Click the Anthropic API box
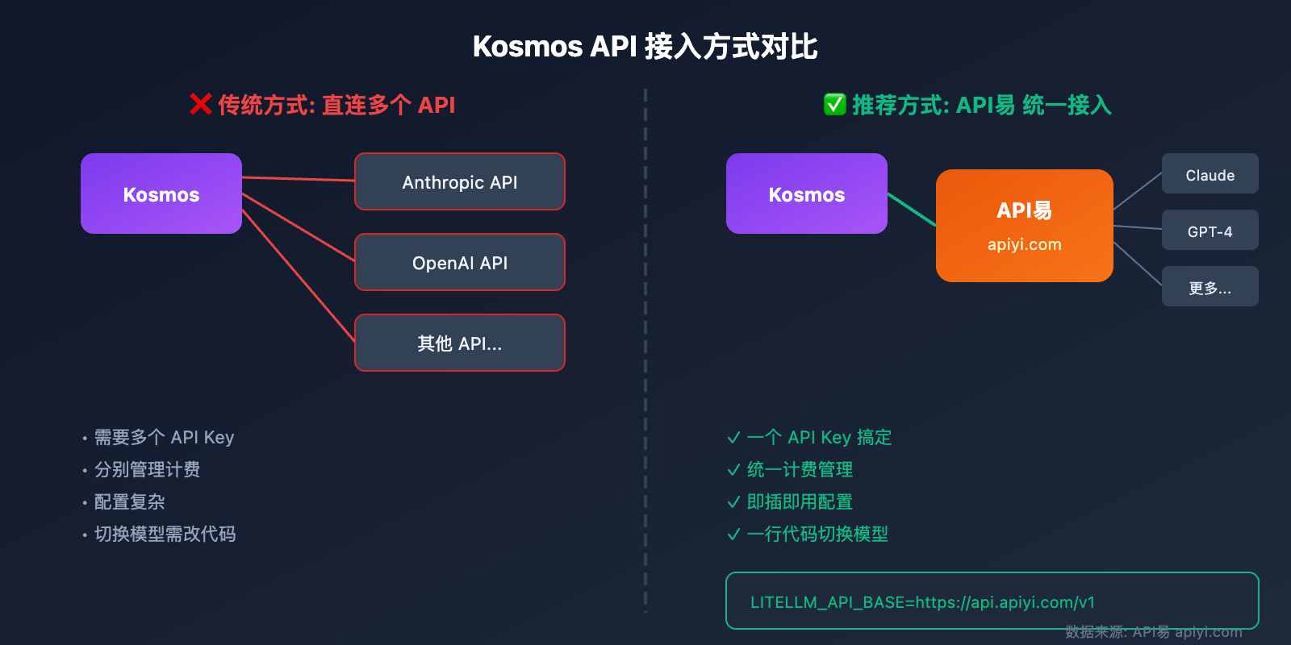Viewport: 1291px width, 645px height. pos(460,182)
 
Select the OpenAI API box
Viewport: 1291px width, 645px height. pos(460,263)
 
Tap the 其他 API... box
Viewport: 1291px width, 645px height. pos(460,343)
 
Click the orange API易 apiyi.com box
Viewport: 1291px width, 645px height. pos(1025,226)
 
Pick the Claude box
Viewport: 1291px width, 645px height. pos(1210,174)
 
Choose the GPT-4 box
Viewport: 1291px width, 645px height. pos(1210,231)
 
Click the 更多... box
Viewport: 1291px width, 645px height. pos(1210,287)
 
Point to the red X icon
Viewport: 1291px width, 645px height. pos(200,104)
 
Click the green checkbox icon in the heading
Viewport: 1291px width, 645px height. pos(834,104)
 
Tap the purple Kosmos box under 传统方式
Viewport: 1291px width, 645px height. pos(161,193)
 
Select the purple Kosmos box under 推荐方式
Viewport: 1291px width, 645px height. pos(807,193)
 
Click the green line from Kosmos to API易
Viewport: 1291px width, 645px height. pos(912,210)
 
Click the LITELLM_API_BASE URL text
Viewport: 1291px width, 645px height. pos(922,602)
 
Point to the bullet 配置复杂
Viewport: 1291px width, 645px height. pos(129,502)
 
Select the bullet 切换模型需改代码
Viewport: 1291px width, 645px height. pos(165,535)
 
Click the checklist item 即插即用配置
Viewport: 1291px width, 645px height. pos(799,502)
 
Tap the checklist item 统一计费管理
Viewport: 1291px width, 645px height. pos(799,470)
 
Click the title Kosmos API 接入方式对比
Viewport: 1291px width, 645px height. pos(645,47)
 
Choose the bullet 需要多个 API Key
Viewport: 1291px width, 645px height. pos(164,438)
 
